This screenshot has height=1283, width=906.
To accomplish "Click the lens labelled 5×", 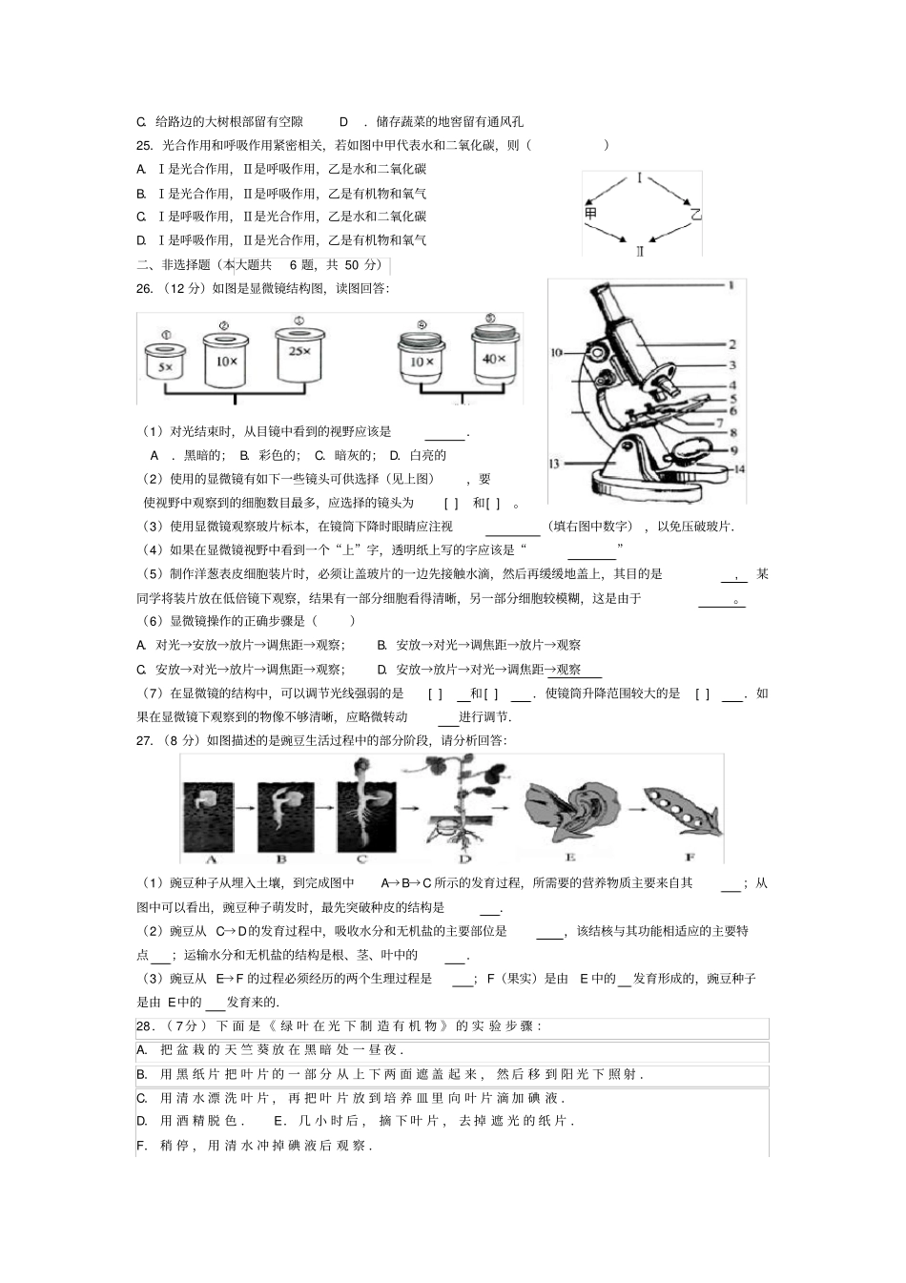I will pos(165,364).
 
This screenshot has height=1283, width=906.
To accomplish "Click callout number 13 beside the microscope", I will pos(553,464).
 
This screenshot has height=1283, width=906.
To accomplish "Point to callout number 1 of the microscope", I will pos(731,285).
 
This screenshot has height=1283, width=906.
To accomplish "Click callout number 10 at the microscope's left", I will pos(557,353).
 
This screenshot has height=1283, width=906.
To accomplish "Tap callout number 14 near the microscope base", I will pos(738,469).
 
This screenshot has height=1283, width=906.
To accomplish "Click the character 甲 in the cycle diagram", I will pos(591,214).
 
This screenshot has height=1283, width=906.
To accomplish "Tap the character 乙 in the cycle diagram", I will pos(695,215).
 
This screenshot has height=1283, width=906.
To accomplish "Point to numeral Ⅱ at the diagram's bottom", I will pos(640,251).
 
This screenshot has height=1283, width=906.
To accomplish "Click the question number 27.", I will pos(145,740).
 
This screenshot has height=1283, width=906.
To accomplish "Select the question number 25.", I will pos(145,145).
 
